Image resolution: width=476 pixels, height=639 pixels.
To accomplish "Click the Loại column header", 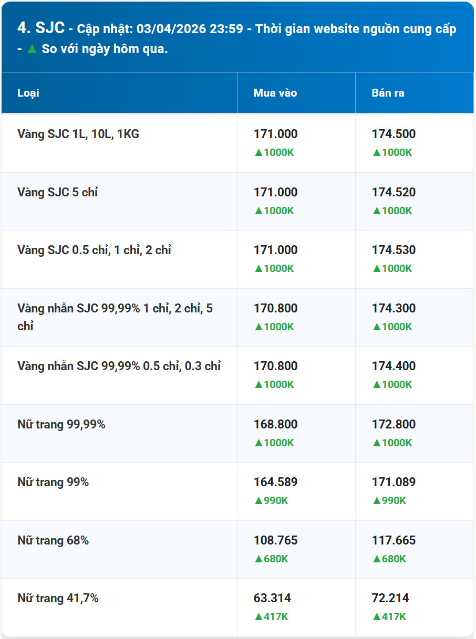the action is [28, 93].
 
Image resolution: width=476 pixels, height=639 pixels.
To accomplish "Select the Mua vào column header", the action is [275, 93].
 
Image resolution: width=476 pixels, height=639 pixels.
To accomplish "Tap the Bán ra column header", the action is [388, 93].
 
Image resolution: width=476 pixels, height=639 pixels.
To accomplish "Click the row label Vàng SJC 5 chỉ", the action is [58, 192].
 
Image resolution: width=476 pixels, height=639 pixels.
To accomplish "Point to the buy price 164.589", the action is [275, 481].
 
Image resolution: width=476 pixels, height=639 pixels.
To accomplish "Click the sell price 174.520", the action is [394, 192].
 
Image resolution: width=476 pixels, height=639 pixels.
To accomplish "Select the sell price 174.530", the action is [394, 250].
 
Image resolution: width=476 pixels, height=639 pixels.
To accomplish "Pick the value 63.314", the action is [272, 598].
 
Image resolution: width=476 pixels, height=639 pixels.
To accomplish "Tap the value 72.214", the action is [390, 598].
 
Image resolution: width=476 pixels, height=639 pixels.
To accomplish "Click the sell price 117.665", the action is [394, 540].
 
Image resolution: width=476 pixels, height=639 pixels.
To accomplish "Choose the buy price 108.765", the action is [275, 540].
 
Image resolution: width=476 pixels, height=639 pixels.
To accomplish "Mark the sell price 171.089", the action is [394, 481].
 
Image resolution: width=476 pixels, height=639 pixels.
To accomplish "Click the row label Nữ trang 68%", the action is [53, 540].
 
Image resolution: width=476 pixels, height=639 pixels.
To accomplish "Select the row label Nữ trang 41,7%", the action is [58, 598].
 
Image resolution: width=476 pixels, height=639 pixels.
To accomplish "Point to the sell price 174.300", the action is [394, 308].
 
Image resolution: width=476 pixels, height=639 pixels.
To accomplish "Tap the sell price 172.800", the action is [394, 424].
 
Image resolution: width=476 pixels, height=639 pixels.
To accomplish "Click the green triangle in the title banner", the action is [32, 49].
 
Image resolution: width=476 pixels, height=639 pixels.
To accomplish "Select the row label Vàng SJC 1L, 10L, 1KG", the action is [78, 134].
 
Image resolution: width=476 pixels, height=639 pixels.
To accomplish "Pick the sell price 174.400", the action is [394, 366].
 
